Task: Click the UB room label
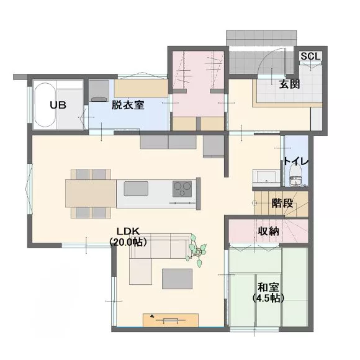click(58, 105)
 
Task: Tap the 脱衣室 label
click(128, 105)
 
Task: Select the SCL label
click(310, 56)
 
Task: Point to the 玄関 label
click(289, 84)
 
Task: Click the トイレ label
click(296, 161)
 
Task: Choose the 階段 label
click(282, 203)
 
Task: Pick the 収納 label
click(268, 231)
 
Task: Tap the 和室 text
click(268, 287)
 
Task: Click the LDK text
click(128, 231)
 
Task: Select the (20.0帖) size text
click(128, 242)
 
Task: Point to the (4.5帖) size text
click(268, 298)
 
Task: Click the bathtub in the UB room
click(45, 105)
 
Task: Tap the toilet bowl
click(295, 176)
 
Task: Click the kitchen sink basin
click(136, 189)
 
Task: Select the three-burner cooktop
click(182, 189)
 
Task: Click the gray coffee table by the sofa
click(178, 279)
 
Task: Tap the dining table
click(91, 194)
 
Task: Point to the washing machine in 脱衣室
click(99, 91)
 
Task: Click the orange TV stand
click(171, 320)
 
